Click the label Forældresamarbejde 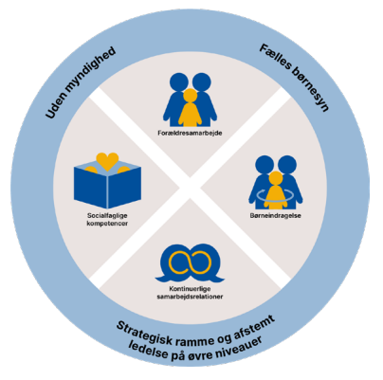pos(190,133)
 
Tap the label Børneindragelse pos(276,216)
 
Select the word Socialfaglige pos(107,216)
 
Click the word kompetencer pos(107,224)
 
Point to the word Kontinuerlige pos(190,289)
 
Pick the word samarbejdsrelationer pos(190,297)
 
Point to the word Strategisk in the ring pos(145,334)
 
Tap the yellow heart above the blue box pos(107,161)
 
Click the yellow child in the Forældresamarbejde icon pos(190,107)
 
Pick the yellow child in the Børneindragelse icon pos(276,190)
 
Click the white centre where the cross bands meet pos(190,189)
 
